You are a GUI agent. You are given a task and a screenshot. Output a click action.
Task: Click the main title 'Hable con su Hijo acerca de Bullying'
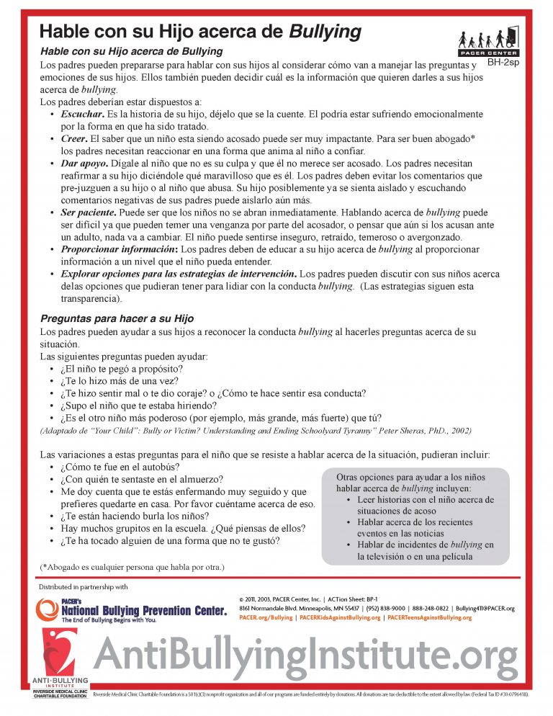pyautogui.click(x=199, y=32)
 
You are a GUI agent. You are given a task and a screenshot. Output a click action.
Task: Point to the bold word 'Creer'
pyautogui.click(x=73, y=138)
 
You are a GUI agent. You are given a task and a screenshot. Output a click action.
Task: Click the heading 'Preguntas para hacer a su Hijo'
pyautogui.click(x=116, y=318)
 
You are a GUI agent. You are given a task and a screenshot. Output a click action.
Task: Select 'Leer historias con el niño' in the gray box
pyautogui.click(x=421, y=499)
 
